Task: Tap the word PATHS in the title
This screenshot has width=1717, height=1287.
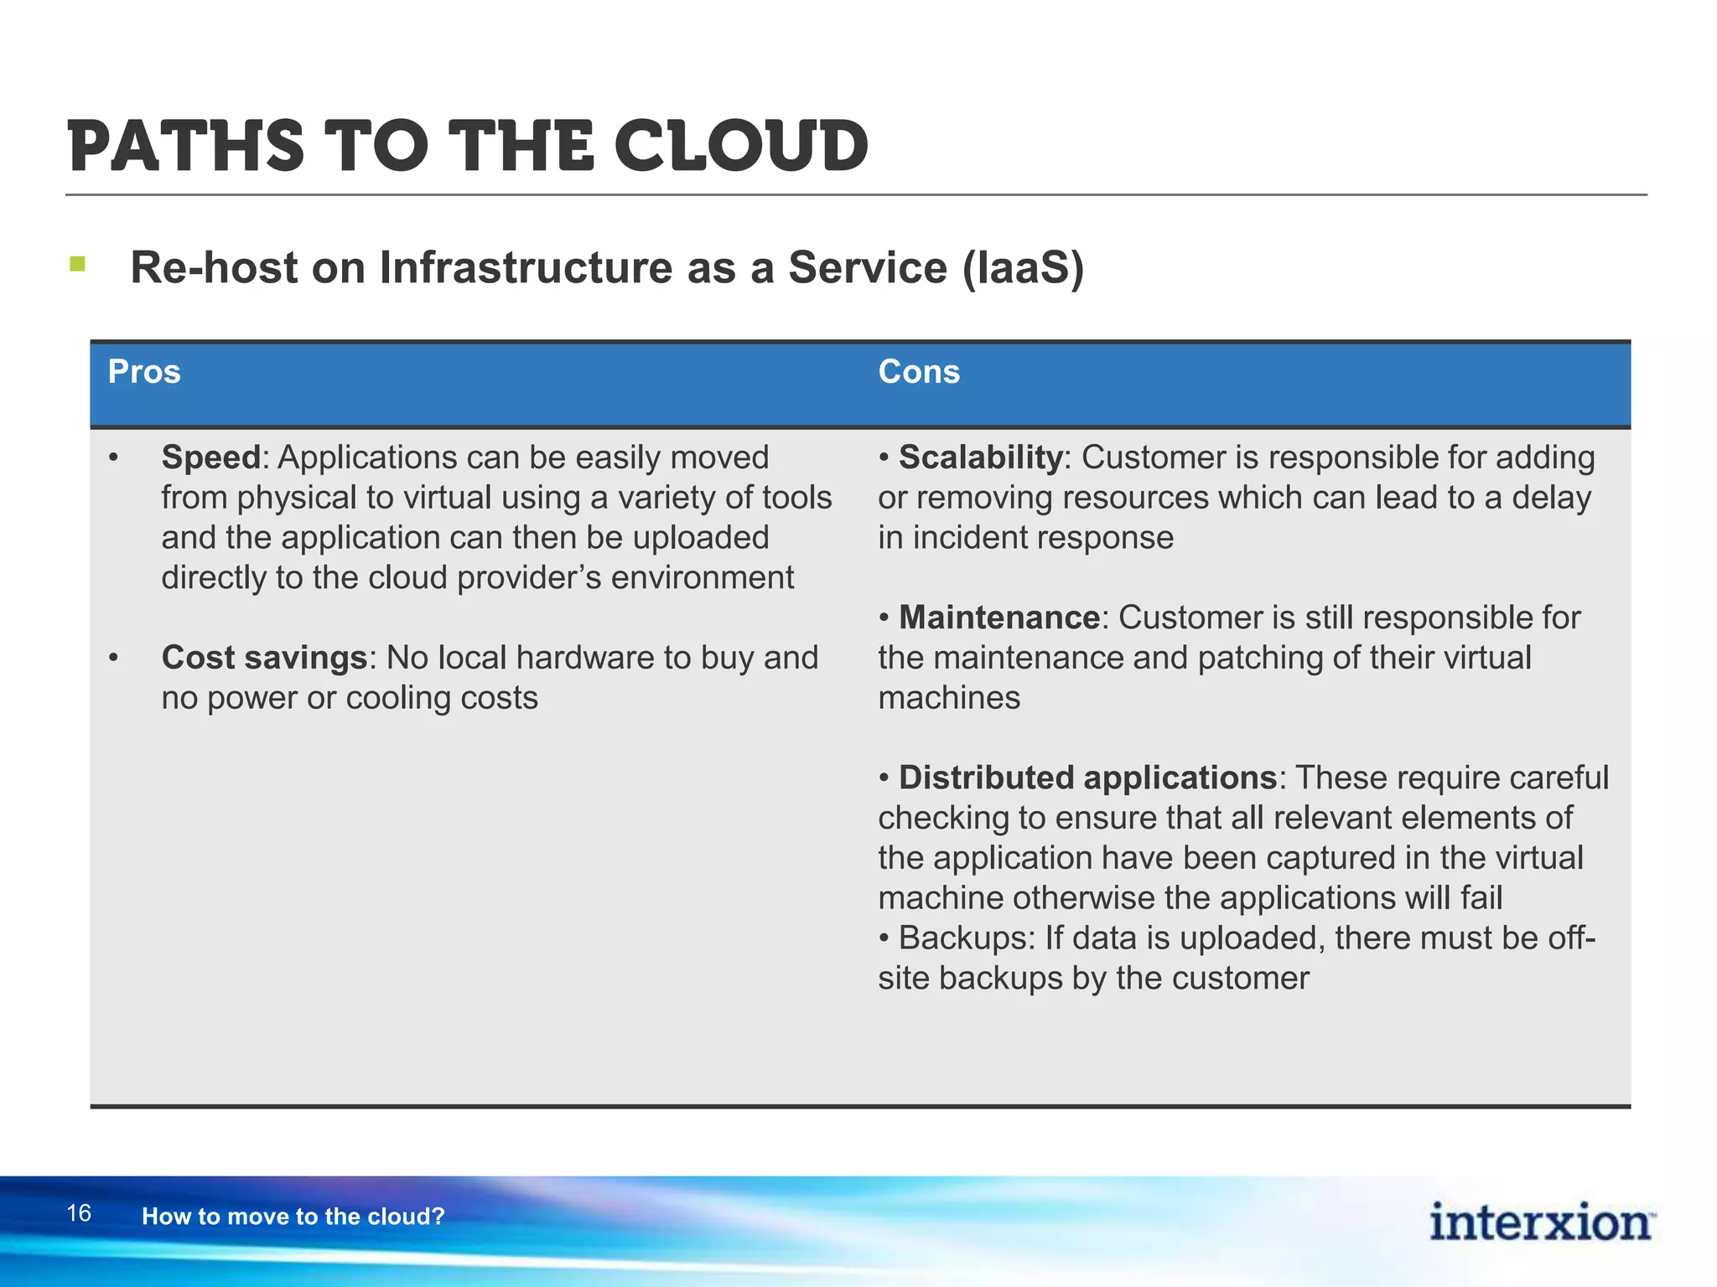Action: coord(185,147)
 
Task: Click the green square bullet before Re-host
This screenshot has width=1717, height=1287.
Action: coord(78,265)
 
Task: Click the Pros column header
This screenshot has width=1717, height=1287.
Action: coord(144,371)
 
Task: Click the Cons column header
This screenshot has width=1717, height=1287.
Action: coord(919,371)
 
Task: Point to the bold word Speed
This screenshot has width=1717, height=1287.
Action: coord(211,457)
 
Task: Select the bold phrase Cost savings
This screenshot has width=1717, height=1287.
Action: coord(264,658)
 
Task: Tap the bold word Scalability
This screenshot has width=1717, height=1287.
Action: coord(980,457)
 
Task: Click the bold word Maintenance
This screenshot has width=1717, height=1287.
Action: coord(999,618)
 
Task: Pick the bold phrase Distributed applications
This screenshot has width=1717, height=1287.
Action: coord(1087,778)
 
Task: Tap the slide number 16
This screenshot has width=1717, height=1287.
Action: coord(79,1213)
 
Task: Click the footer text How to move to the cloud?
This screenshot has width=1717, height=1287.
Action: coord(293,1217)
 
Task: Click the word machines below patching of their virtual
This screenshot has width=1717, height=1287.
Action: coord(949,698)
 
